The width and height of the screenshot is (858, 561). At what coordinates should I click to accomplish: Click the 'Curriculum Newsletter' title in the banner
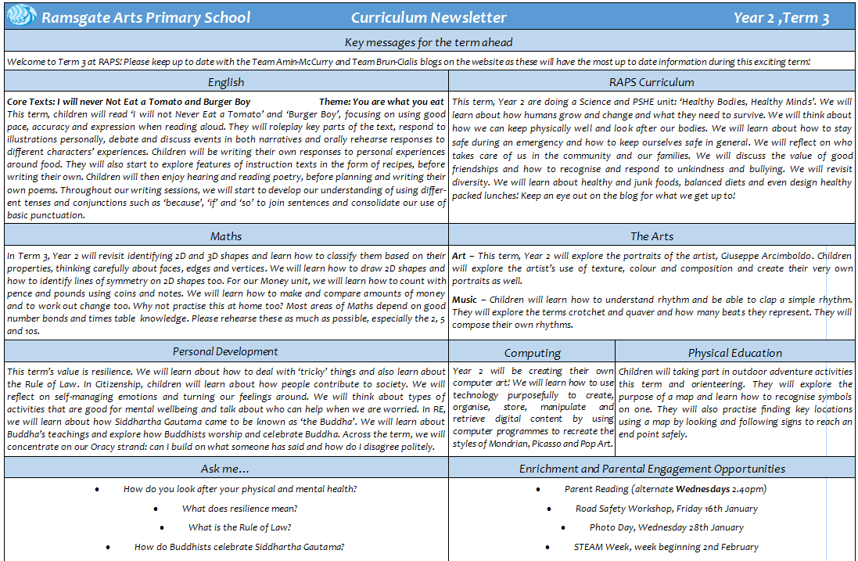pyautogui.click(x=429, y=17)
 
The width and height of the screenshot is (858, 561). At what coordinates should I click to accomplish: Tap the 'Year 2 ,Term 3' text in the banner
pyautogui.click(x=781, y=17)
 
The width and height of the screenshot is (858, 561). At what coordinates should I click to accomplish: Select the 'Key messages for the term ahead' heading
pyautogui.click(x=429, y=42)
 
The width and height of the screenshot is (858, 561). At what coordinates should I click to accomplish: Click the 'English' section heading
pyautogui.click(x=226, y=81)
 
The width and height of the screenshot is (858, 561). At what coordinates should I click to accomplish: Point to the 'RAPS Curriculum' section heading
pyautogui.click(x=652, y=81)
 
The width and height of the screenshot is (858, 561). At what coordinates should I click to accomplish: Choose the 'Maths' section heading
pyautogui.click(x=226, y=236)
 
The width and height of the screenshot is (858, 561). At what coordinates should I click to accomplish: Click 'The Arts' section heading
pyautogui.click(x=652, y=236)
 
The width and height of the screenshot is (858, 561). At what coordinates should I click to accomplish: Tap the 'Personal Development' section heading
pyautogui.click(x=225, y=351)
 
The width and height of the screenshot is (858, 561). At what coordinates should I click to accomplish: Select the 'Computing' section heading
pyautogui.click(x=532, y=353)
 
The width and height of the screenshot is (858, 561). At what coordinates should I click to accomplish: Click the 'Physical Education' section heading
pyautogui.click(x=735, y=353)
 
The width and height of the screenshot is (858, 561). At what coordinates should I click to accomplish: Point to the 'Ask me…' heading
pyautogui.click(x=225, y=469)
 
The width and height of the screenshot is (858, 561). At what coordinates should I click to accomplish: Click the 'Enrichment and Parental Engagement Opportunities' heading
pyautogui.click(x=652, y=469)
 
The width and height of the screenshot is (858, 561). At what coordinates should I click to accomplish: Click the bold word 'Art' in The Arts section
pyautogui.click(x=460, y=256)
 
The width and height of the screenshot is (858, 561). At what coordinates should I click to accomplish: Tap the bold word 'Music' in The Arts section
pyautogui.click(x=466, y=300)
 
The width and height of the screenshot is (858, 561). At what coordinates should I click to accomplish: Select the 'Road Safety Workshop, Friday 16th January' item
pyautogui.click(x=666, y=509)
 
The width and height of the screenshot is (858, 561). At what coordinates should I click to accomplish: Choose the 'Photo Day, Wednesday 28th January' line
pyautogui.click(x=666, y=527)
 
